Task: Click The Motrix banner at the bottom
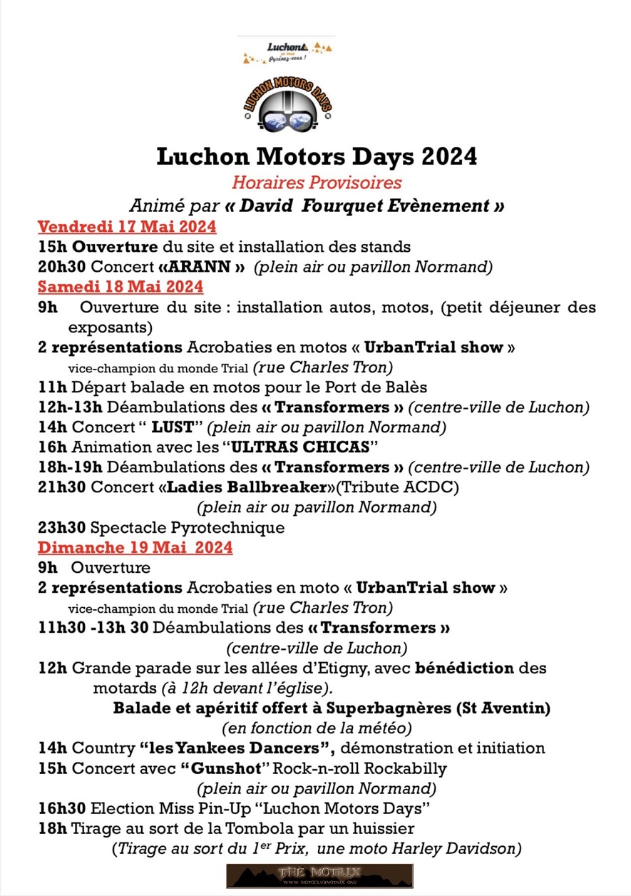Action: pyautogui.click(x=319, y=875)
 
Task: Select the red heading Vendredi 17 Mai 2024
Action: pyautogui.click(x=127, y=228)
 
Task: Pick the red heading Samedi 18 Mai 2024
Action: pyautogui.click(x=120, y=287)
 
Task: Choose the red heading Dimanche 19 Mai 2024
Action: pyautogui.click(x=135, y=548)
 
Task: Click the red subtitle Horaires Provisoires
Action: pyautogui.click(x=317, y=183)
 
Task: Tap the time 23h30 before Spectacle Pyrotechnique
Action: pyautogui.click(x=62, y=528)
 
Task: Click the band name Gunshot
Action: pyautogui.click(x=225, y=769)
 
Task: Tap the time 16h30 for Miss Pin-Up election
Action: pyautogui.click(x=62, y=809)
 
